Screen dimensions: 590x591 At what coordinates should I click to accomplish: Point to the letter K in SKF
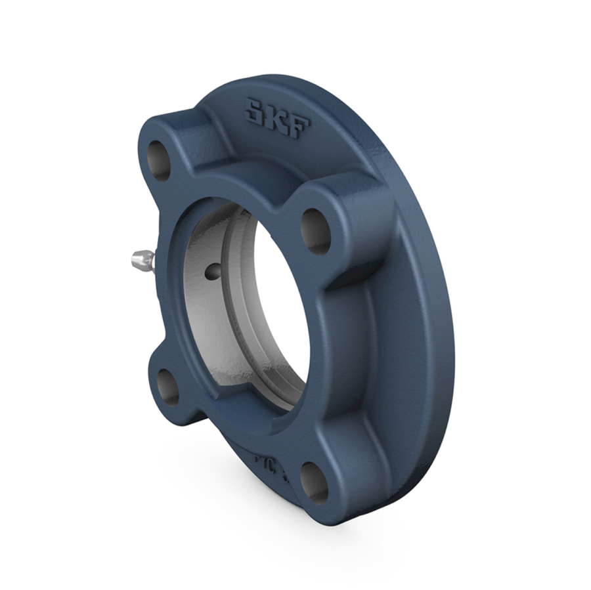coord(277,118)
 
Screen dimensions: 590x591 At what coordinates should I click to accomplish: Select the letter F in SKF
coord(299,127)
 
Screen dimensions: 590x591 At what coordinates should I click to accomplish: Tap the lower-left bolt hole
coord(169,387)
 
